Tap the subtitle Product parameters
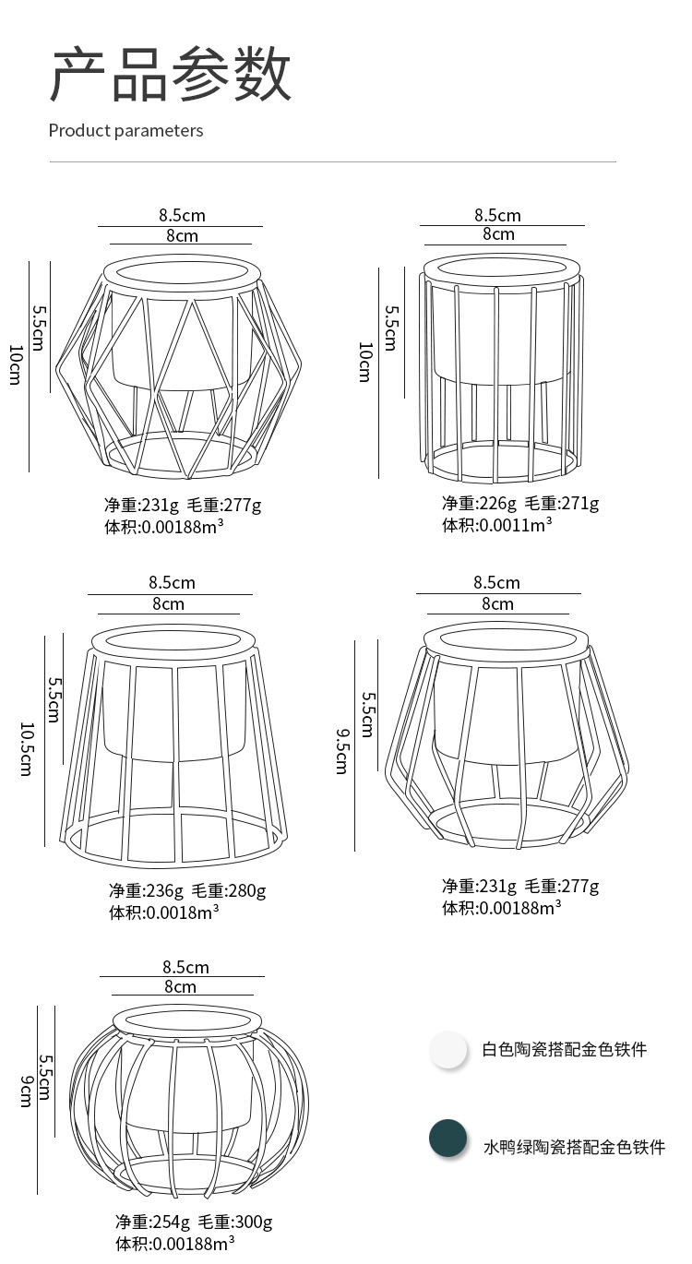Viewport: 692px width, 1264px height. (125, 130)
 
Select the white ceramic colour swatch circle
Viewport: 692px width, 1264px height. (448, 1050)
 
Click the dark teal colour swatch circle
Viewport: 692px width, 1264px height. (448, 1138)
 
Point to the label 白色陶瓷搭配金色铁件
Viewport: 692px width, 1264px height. (565, 1050)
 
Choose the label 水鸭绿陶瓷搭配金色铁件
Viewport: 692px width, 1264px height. (574, 1147)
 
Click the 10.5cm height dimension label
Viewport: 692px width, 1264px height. (26, 748)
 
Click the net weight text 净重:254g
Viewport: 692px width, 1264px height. (152, 1222)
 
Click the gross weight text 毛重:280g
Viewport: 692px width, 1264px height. (229, 890)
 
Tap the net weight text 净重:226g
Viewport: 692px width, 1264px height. (479, 503)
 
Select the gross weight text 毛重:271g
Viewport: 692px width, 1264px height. (562, 503)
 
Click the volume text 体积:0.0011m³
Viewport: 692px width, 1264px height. (496, 525)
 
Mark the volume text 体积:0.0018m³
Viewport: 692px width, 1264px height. (164, 912)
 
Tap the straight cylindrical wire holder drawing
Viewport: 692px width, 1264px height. (503, 369)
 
